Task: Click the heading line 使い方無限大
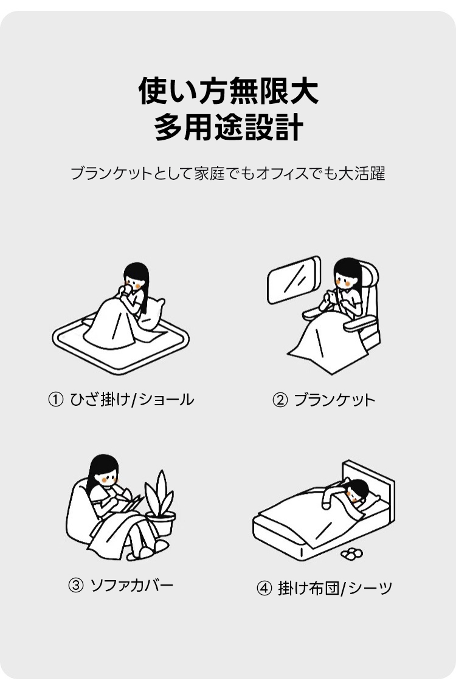[x=228, y=91]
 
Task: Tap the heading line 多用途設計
[x=229, y=127]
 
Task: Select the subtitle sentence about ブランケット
[x=227, y=173]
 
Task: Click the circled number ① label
[x=56, y=400]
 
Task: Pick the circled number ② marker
[x=280, y=400]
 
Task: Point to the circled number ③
[x=76, y=586]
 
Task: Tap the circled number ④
[x=264, y=589]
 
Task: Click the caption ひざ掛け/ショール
[x=132, y=400]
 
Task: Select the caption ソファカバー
[x=132, y=586]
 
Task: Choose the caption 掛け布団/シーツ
[x=336, y=589]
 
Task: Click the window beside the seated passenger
[x=294, y=279]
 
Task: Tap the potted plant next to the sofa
[x=161, y=503]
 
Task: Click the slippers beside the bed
[x=352, y=553]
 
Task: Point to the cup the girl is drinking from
[x=128, y=289]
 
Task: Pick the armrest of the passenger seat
[x=360, y=325]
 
